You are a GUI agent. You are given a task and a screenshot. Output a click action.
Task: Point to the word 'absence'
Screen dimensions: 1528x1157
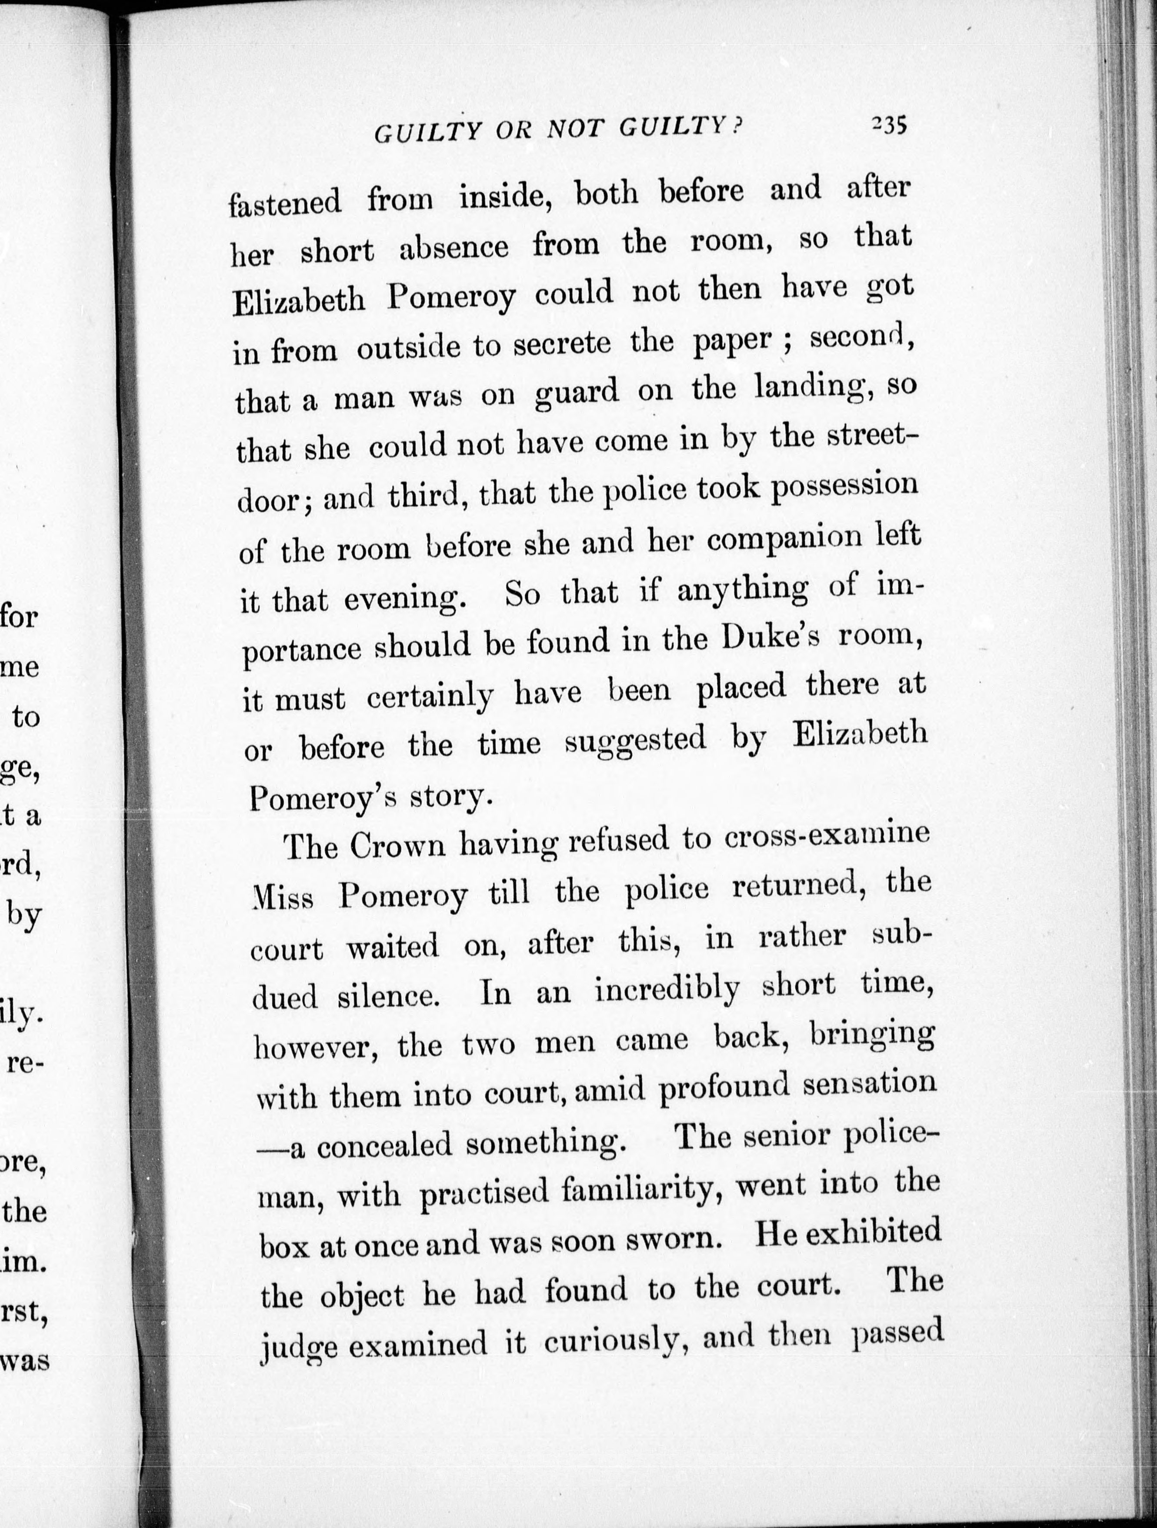[x=454, y=249]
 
